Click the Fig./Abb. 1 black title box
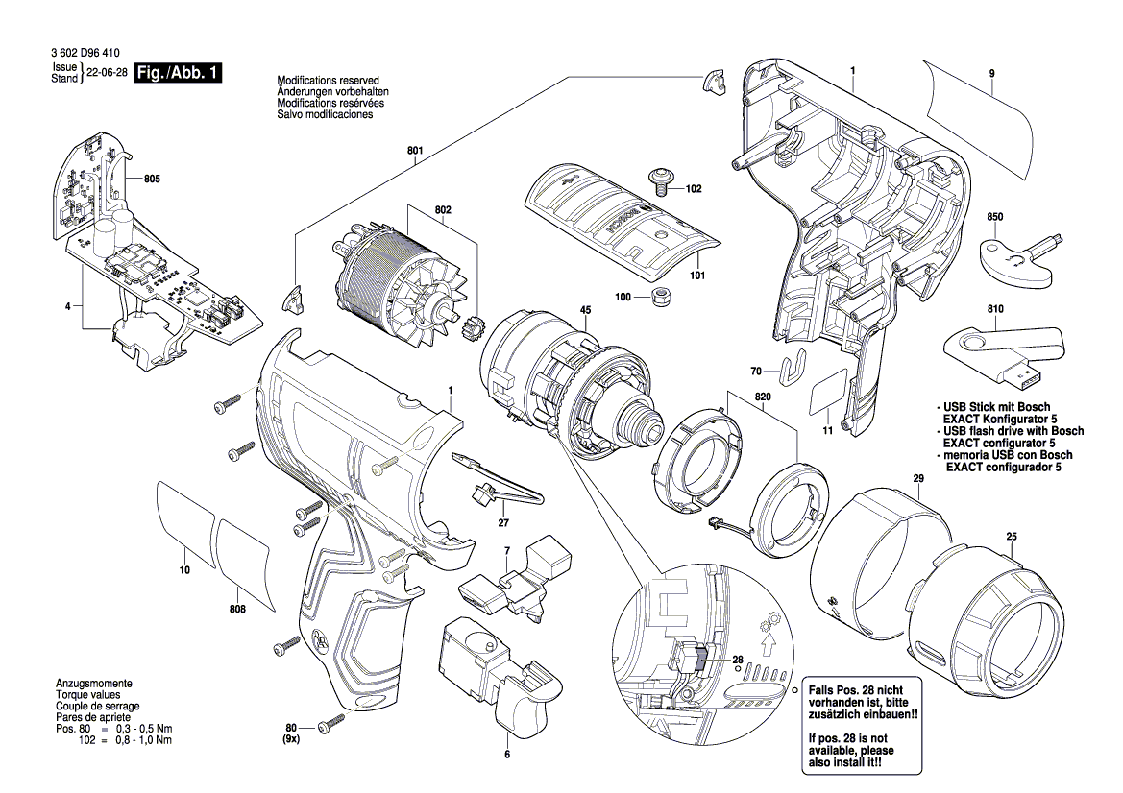pos(178,73)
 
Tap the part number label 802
pos(443,208)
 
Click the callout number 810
pos(994,309)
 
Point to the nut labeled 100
pos(660,298)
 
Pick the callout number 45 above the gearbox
pos(584,309)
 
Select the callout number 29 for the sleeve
pos(918,477)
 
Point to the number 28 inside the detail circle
pos(738,661)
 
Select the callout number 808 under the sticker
pos(238,610)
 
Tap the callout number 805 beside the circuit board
pos(152,180)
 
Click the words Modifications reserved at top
pos(328,80)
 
